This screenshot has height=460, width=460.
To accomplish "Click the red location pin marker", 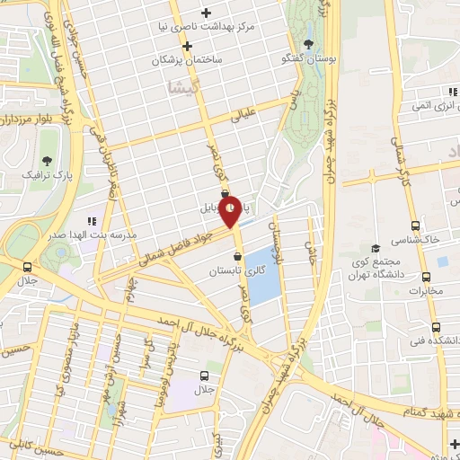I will (230, 210).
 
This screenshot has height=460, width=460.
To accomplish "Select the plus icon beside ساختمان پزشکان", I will (188, 46).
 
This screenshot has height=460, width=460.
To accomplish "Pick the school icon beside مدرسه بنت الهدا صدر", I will (90, 220).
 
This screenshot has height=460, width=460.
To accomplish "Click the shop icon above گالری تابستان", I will (237, 257).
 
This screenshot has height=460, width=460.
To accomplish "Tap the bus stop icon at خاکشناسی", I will (414, 226).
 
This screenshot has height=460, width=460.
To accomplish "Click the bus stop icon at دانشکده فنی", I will (436, 327).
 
